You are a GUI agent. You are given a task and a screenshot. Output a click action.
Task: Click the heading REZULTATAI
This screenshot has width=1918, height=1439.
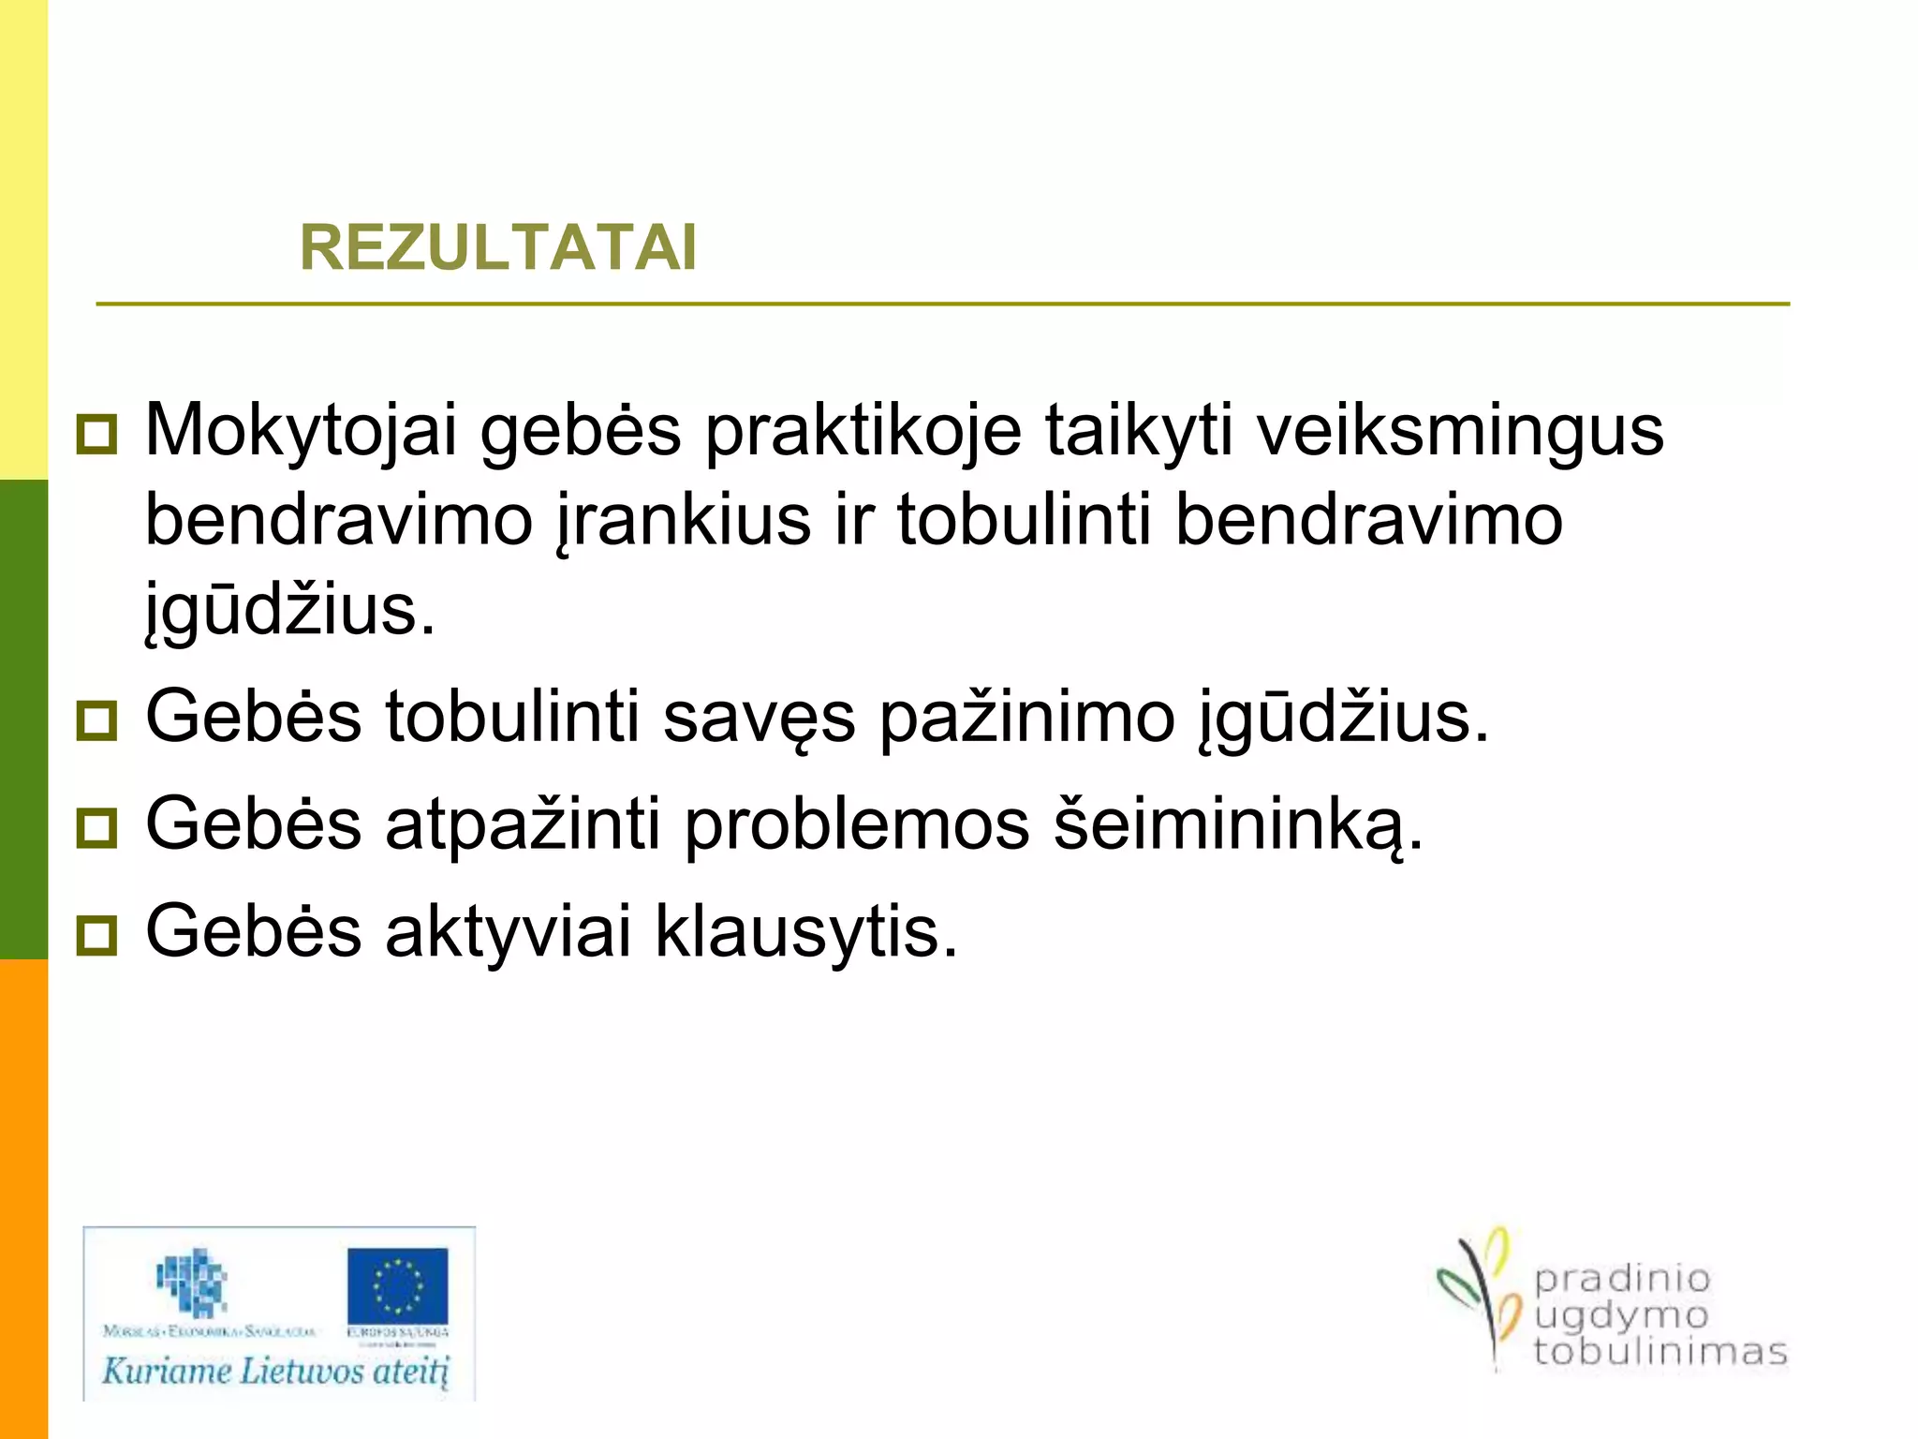[498, 248]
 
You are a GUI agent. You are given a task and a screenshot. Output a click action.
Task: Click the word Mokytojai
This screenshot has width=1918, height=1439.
[301, 432]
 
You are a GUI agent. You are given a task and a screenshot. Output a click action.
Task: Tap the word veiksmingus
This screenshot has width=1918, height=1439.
[1460, 432]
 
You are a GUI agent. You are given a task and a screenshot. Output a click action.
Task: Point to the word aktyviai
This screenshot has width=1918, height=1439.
[508, 933]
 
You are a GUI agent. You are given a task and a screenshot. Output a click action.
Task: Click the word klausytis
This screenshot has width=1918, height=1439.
[806, 933]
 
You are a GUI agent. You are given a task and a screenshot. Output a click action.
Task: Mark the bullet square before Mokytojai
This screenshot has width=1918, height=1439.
[96, 435]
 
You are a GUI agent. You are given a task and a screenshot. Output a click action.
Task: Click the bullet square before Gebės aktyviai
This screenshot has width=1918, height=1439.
[96, 935]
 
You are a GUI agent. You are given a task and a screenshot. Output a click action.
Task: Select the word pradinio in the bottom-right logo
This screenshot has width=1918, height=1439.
[1622, 1278]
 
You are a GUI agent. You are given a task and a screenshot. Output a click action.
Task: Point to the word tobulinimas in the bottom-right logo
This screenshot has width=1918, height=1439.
[1660, 1352]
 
